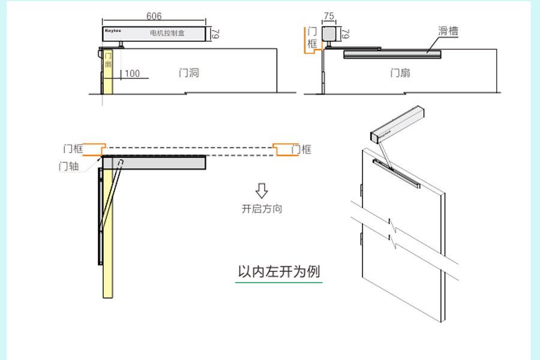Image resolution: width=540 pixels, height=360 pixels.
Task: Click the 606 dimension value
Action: pyautogui.click(x=154, y=17)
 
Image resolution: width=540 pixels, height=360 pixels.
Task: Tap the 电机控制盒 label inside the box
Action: pyautogui.click(x=167, y=34)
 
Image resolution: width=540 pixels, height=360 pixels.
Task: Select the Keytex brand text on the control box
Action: pyautogui.click(x=113, y=29)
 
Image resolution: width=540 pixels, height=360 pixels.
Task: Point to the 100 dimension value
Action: pyautogui.click(x=132, y=74)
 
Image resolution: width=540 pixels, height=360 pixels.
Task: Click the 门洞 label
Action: pyautogui.click(x=188, y=73)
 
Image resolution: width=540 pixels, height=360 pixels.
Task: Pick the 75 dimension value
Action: pyautogui.click(x=329, y=17)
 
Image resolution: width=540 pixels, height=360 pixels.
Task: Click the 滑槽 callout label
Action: pyautogui.click(x=448, y=31)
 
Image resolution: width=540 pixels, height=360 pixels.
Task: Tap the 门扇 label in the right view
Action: pyautogui.click(x=400, y=73)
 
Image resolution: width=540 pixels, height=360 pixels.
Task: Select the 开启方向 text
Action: pyautogui.click(x=262, y=209)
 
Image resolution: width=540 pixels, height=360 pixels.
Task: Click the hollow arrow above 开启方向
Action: pyautogui.click(x=262, y=191)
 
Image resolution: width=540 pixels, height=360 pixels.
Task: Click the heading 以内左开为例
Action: pyautogui.click(x=279, y=271)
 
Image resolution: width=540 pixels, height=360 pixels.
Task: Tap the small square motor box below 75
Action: pyautogui.click(x=329, y=34)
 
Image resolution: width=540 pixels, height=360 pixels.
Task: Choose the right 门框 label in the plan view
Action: pyautogui.click(x=301, y=149)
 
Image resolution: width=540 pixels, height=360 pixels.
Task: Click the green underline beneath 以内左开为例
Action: pyautogui.click(x=279, y=281)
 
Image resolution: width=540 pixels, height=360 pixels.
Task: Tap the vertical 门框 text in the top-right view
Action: pyautogui.click(x=312, y=38)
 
